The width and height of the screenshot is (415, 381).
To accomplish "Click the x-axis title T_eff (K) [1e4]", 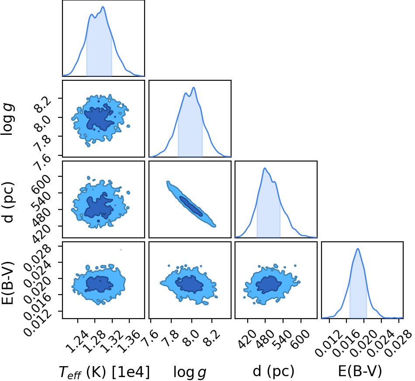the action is [x=104, y=372].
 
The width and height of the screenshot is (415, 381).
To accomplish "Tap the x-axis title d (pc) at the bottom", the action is [x=273, y=371].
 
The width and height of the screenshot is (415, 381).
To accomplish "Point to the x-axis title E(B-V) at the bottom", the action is [x=360, y=371].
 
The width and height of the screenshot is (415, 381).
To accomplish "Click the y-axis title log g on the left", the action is [x=8, y=120].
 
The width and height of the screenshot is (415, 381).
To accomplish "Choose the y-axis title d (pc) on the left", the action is [x=8, y=202].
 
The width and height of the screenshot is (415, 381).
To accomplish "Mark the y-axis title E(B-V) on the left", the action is [x=7, y=283].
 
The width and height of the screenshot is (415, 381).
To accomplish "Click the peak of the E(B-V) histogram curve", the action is [x=358, y=248].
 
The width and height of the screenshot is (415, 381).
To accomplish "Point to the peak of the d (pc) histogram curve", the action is [x=264, y=168].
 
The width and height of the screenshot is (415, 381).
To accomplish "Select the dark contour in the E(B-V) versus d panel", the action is [x=268, y=285].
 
